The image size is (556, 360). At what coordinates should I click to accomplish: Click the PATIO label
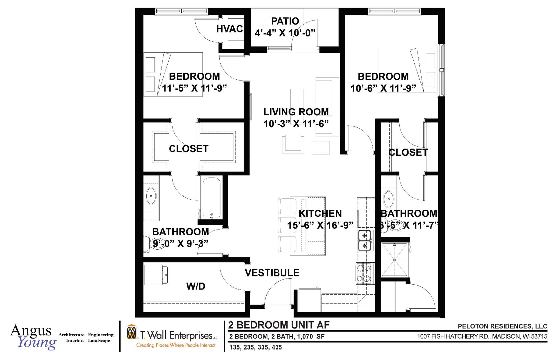point(285,21)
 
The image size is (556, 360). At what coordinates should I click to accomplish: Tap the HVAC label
point(229,29)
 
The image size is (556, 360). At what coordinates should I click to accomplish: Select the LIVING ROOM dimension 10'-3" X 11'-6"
point(296,124)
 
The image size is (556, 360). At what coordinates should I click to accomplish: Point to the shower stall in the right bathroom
point(394,260)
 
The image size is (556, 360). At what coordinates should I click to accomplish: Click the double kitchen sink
point(364,240)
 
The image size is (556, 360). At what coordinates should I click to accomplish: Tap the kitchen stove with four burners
point(363,273)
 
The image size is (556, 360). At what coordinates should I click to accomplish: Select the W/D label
point(196,286)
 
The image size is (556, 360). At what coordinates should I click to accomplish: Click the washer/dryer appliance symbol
point(156,275)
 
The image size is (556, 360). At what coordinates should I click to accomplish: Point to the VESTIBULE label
point(272,273)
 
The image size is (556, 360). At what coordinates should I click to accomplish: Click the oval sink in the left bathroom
point(151,196)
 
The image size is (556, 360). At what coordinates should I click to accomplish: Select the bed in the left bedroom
point(173,74)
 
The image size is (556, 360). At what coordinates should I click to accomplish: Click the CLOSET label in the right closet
point(408,152)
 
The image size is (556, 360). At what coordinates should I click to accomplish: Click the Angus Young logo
point(33,337)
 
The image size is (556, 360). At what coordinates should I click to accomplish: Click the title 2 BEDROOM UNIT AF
point(278,325)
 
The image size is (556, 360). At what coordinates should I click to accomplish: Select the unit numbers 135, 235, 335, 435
point(256,347)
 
